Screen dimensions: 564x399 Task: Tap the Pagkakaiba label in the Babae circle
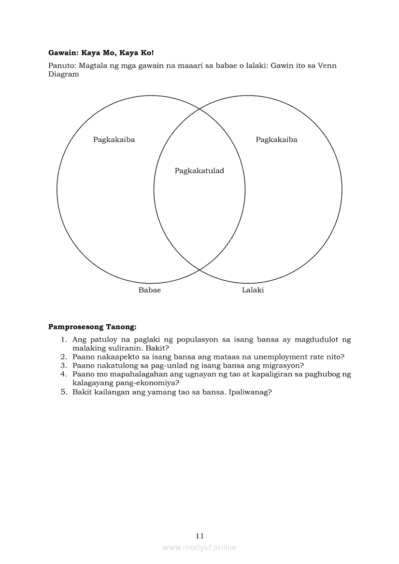tap(114, 140)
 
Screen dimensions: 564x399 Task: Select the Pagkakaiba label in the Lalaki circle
tap(276, 140)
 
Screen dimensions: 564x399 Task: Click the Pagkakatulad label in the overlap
tap(199, 171)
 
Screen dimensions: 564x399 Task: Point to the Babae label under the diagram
tap(150, 290)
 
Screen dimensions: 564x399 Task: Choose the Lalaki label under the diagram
tap(253, 290)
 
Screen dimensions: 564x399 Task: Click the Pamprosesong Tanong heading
tap(92, 327)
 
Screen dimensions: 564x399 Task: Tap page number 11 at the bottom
tap(200, 536)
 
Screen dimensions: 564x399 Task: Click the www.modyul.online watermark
tap(199, 547)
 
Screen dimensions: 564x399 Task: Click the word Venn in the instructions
tap(327, 66)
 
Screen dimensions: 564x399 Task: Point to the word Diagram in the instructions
tap(63, 74)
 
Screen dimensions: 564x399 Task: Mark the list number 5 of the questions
tap(63, 392)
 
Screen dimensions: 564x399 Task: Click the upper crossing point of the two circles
tap(199, 109)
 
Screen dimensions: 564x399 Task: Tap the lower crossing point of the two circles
tap(199, 270)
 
